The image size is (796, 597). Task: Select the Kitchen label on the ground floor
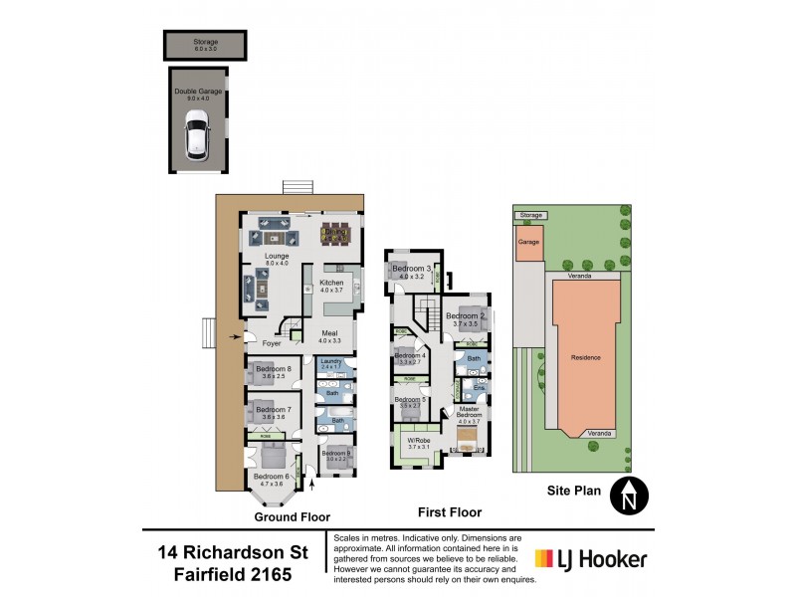(331, 284)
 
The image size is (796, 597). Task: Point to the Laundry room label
(331, 363)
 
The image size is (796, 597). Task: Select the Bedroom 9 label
(335, 454)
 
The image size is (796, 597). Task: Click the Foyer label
(273, 343)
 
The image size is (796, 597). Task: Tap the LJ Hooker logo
(591, 559)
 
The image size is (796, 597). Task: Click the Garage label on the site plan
(528, 241)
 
